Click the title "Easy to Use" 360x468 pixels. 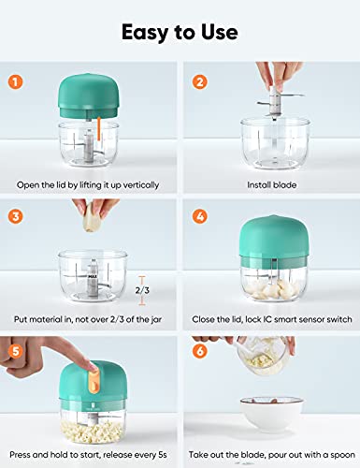180,33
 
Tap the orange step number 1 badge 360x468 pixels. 16,80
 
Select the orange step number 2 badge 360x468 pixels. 198,80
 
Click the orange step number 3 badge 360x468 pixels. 16,215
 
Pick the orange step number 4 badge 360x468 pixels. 198,215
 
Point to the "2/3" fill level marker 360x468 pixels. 141,290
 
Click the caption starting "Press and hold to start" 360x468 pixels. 90,455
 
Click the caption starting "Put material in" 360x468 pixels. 90,320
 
